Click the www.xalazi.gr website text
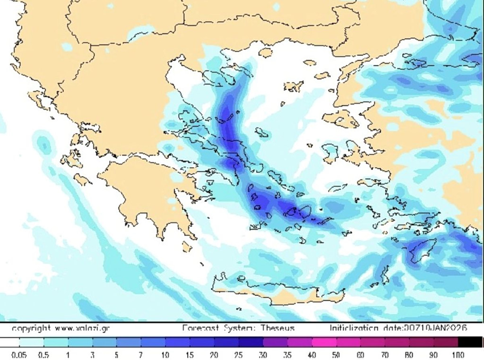(x=82, y=327)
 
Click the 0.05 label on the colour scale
(x=19, y=354)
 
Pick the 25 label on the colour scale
(x=239, y=354)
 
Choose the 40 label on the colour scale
(x=311, y=354)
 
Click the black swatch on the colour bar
(x=470, y=342)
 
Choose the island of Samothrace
(x=310, y=62)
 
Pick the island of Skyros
(x=261, y=133)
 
